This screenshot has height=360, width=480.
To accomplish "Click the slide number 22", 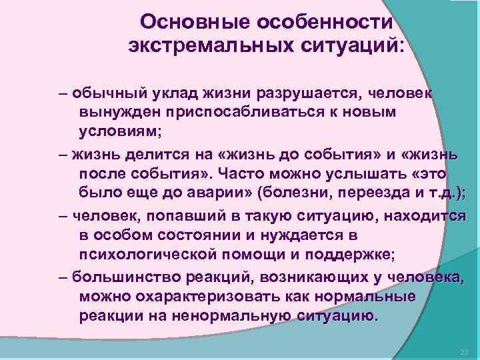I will point(465,351).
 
